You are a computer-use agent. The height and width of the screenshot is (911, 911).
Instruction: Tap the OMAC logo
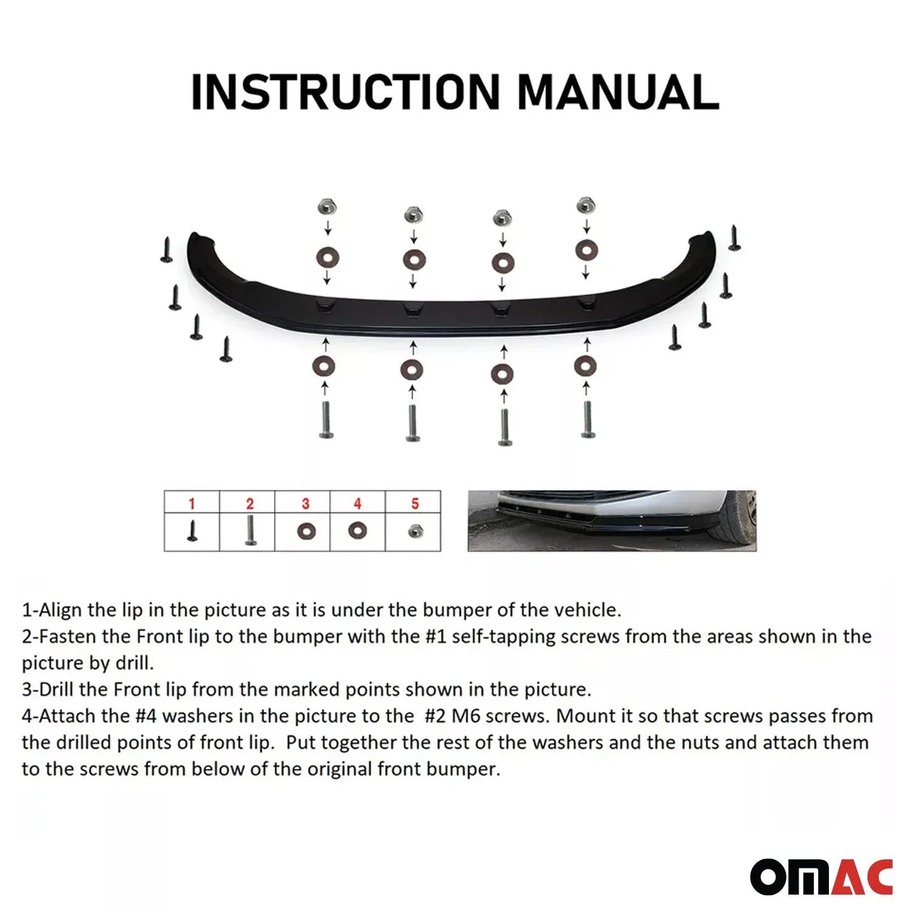click(x=821, y=877)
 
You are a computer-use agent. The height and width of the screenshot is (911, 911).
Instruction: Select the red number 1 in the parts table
click(x=192, y=503)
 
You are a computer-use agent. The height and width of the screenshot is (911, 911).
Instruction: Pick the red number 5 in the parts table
click(x=415, y=503)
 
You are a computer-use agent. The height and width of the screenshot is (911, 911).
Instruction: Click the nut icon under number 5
click(x=415, y=531)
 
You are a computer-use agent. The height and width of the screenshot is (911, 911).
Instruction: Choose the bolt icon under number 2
click(x=250, y=530)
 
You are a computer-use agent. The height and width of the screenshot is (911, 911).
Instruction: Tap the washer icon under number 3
click(x=307, y=532)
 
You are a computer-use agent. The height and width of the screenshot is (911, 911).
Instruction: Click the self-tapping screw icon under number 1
click(x=193, y=531)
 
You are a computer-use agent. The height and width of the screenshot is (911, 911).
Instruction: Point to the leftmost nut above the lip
click(x=327, y=208)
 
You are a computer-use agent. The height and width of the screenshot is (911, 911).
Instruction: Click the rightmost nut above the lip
click(x=585, y=205)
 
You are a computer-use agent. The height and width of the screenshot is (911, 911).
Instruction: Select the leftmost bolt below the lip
click(x=326, y=420)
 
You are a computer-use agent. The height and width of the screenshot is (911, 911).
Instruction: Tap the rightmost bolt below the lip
click(x=587, y=419)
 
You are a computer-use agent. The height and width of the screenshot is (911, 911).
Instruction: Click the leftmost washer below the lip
click(x=324, y=366)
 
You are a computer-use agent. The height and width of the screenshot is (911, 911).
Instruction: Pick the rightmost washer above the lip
click(x=586, y=249)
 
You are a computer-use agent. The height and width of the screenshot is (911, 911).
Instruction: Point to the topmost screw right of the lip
click(x=734, y=237)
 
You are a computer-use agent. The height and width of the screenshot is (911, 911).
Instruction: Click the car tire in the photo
click(x=742, y=516)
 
